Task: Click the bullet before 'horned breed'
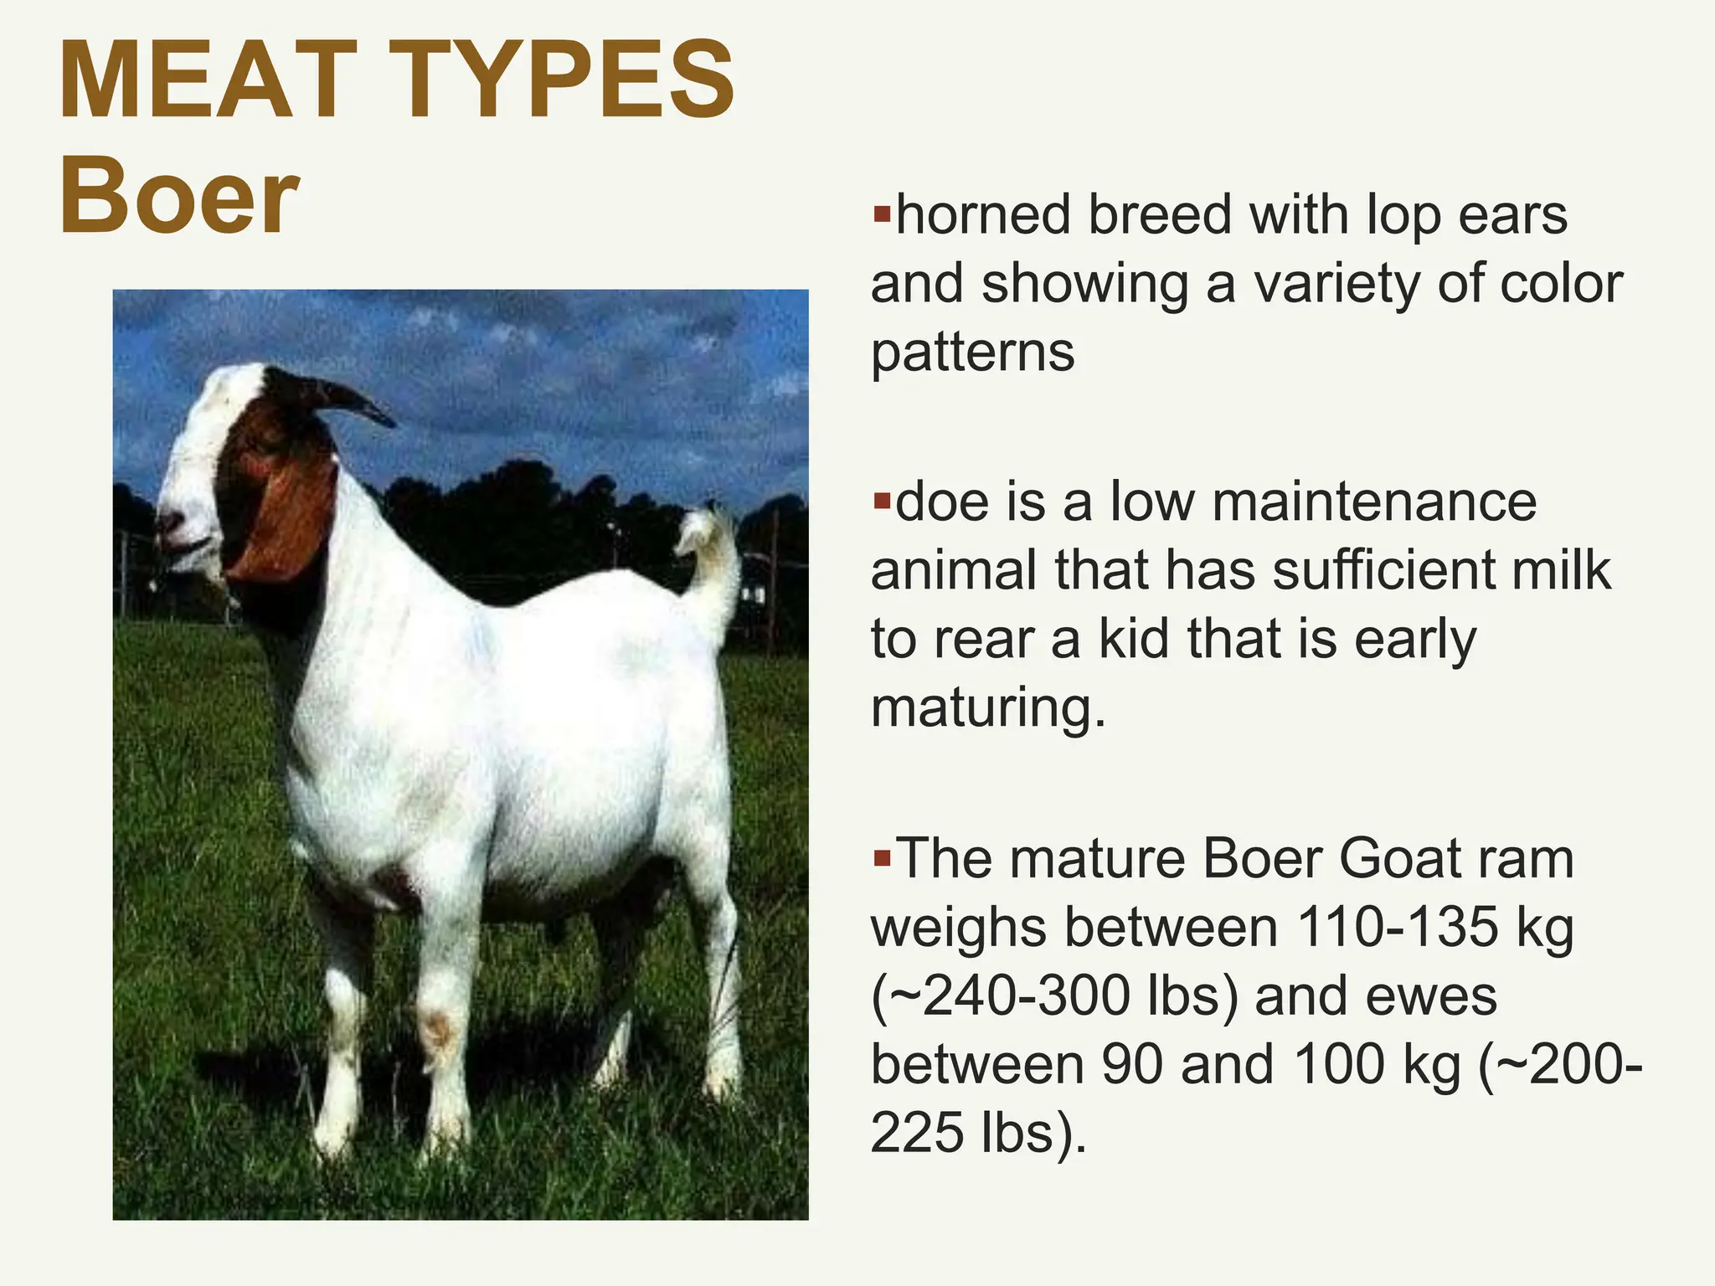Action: pos(881,214)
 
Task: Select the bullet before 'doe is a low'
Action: pos(881,502)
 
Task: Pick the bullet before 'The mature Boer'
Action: pos(881,859)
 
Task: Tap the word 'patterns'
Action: pos(972,352)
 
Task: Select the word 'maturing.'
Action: pos(988,708)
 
